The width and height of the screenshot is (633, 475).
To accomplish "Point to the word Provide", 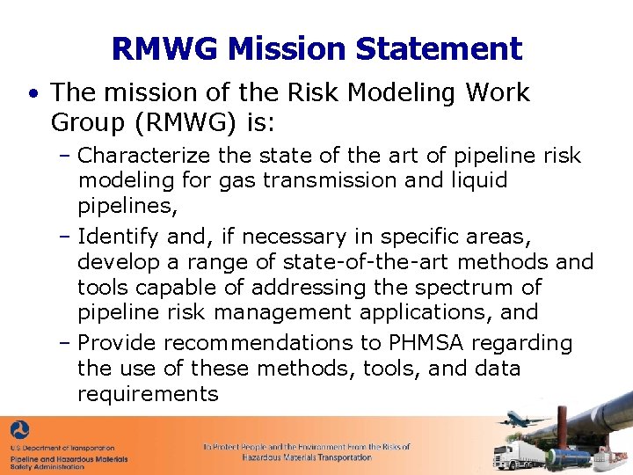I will [117, 343].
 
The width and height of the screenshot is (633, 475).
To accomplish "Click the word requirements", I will [148, 393].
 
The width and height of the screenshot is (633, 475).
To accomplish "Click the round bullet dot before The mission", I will [33, 93].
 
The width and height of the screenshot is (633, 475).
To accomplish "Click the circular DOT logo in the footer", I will [20, 431].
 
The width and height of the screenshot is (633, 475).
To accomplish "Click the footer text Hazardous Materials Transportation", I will [307, 457].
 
